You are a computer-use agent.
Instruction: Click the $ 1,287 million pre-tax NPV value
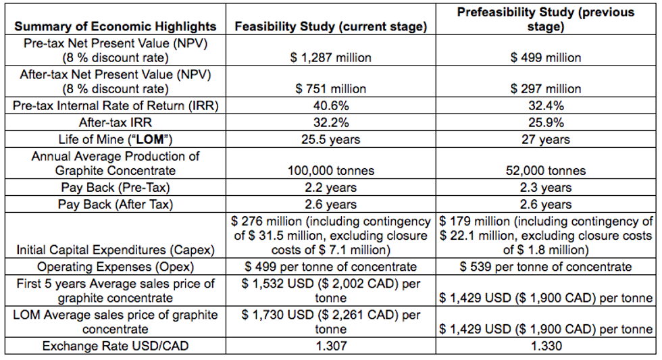point(330,57)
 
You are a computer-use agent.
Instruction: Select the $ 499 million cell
point(545,57)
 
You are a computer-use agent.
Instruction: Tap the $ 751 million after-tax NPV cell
point(330,88)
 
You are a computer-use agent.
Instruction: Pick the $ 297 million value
point(545,88)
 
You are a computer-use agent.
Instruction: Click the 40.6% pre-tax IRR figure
point(330,105)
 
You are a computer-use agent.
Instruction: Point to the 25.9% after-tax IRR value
point(545,122)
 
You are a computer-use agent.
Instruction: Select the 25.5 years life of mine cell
point(330,140)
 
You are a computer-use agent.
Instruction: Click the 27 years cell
point(545,140)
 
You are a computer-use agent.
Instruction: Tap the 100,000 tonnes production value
point(330,171)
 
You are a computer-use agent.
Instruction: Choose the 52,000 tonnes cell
point(545,171)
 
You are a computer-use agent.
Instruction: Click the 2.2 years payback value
point(330,188)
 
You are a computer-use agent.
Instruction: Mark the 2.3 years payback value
point(545,188)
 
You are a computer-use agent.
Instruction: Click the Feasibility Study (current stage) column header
point(330,26)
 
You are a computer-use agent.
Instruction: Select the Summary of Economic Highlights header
point(116,26)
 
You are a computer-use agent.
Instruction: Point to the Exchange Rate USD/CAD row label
point(116,346)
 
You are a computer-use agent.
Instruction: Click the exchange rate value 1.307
point(330,346)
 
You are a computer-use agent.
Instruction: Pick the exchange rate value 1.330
point(545,346)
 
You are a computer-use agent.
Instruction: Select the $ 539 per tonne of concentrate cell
point(545,266)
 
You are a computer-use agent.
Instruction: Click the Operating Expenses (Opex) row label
point(116,266)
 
